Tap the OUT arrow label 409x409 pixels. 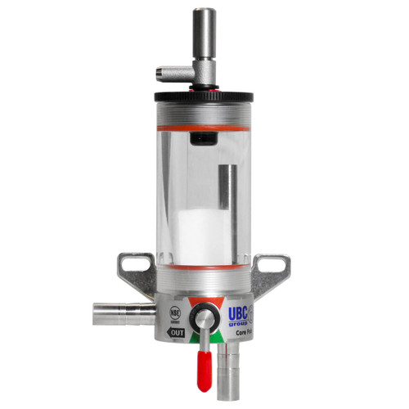174,334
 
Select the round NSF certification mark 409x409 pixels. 174,313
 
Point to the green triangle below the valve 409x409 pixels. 204,338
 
